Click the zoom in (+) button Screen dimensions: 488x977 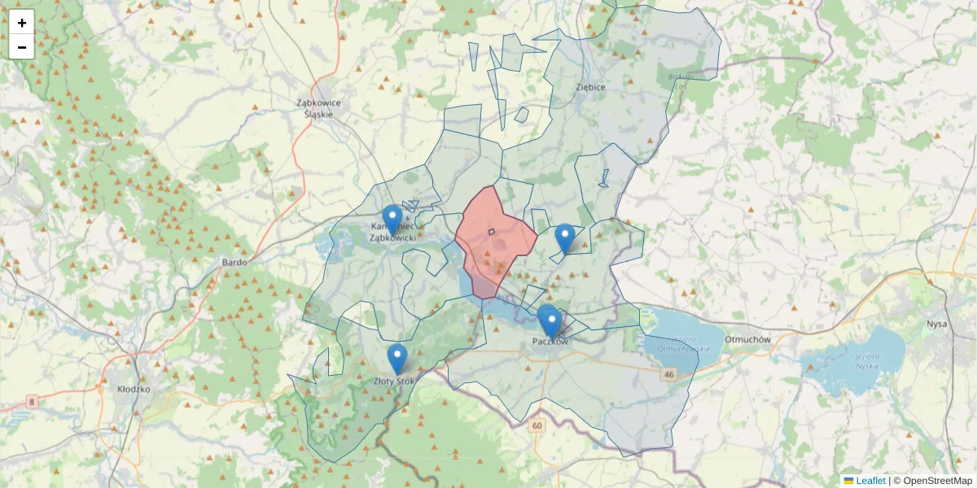click(x=22, y=23)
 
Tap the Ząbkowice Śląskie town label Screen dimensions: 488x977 click(x=319, y=108)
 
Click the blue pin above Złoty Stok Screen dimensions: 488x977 click(x=397, y=359)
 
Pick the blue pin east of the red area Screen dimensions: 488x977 click(x=564, y=238)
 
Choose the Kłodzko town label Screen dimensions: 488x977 click(x=134, y=390)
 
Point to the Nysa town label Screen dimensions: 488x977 click(x=936, y=323)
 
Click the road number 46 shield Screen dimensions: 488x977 click(x=669, y=374)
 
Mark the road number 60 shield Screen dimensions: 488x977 click(x=536, y=425)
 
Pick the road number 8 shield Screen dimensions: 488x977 click(x=31, y=402)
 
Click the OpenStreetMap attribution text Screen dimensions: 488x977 click(x=932, y=481)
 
